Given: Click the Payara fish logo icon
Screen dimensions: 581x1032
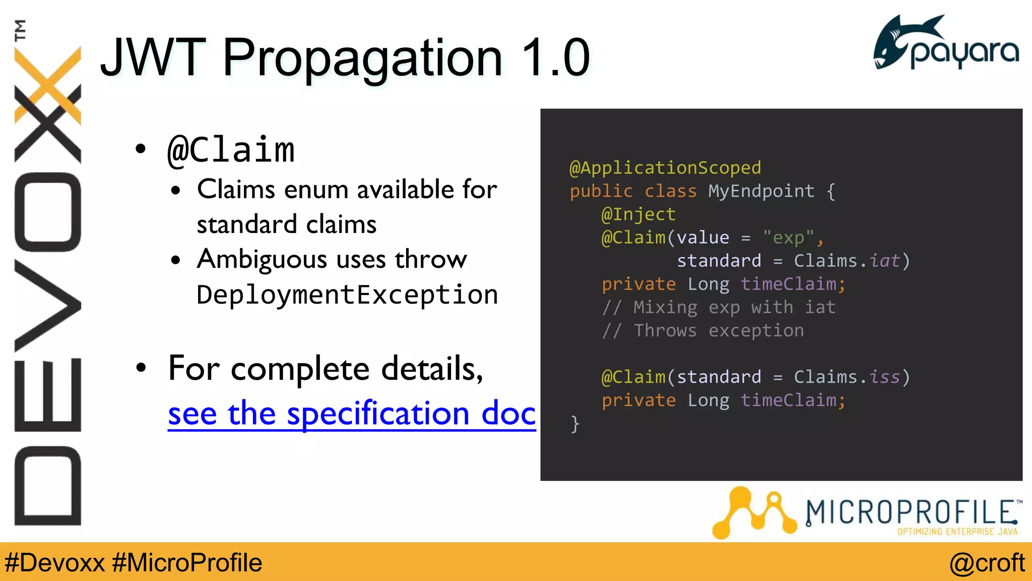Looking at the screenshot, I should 897,43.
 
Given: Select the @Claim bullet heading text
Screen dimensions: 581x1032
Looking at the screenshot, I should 231,150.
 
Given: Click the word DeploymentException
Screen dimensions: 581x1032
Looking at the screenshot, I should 347,295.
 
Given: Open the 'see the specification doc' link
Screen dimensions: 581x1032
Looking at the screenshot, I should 351,414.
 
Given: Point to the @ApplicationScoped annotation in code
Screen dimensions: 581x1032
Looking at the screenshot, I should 665,167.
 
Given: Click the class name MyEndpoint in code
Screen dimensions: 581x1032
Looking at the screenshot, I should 761,191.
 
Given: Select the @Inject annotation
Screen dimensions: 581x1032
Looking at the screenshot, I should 638,214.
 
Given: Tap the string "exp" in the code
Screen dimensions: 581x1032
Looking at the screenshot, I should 788,238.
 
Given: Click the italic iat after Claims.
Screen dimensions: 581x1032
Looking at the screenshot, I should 884,261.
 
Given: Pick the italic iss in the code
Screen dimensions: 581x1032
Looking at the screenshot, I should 884,377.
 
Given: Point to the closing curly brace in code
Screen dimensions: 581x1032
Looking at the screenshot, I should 575,424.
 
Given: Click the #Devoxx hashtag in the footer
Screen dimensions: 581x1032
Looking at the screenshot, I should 54,562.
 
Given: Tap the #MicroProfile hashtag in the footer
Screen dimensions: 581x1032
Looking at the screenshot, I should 187,562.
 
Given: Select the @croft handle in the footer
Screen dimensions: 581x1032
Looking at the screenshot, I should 987,562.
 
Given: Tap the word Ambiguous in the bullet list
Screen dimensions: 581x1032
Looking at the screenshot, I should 262,260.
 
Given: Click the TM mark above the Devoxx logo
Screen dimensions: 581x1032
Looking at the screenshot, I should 20,30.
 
